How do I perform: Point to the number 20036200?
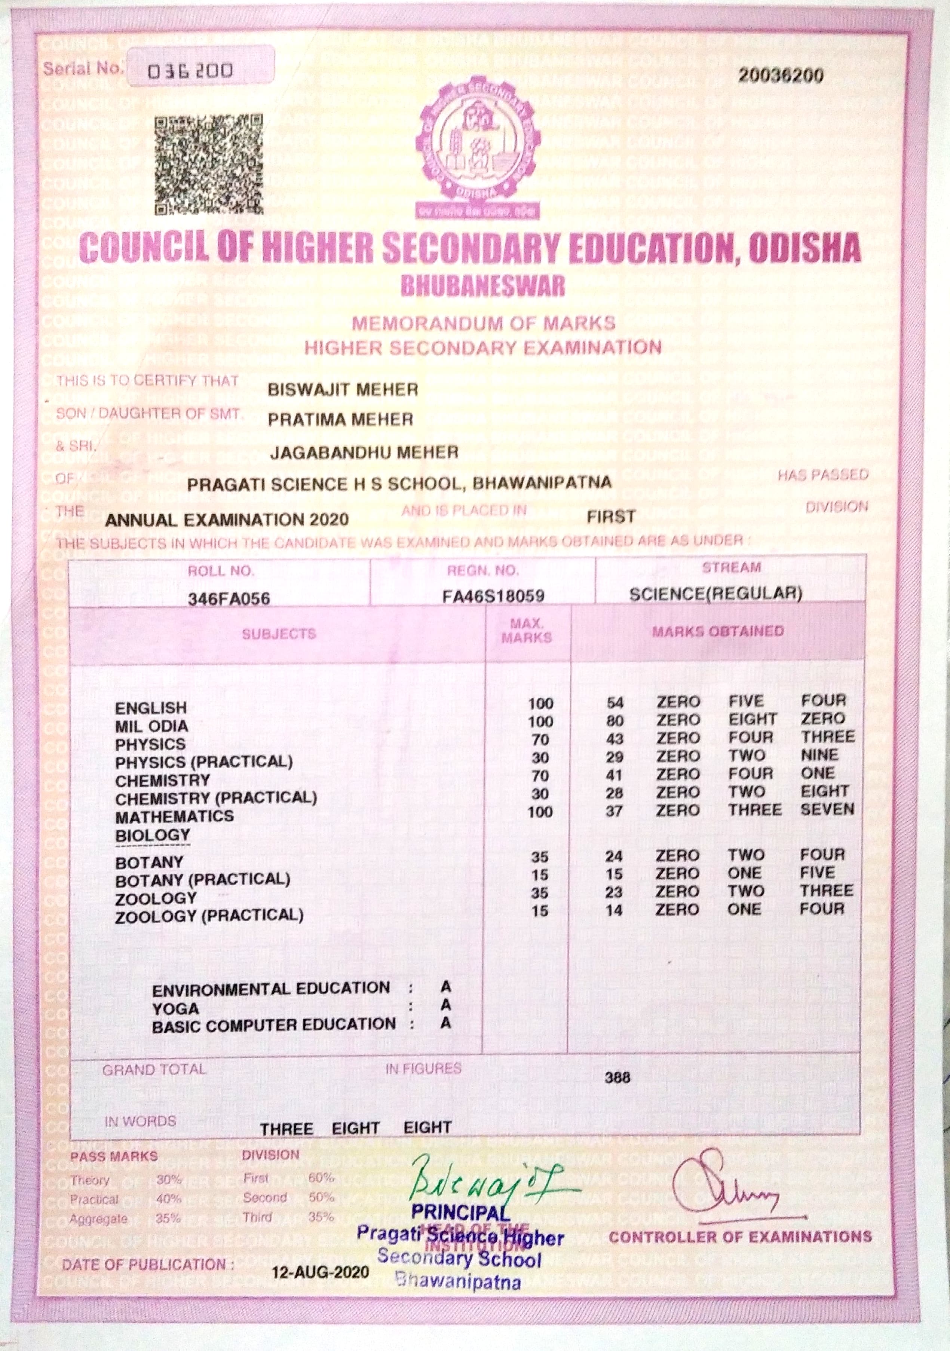(x=781, y=75)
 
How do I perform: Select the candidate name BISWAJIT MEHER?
(x=342, y=389)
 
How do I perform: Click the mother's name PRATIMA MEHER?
(x=340, y=420)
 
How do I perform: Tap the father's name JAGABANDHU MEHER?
(x=364, y=452)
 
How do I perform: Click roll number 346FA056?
(x=229, y=599)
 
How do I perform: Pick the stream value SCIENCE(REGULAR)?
(x=715, y=593)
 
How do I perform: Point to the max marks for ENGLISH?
(x=540, y=703)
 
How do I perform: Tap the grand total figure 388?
(x=617, y=1077)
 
